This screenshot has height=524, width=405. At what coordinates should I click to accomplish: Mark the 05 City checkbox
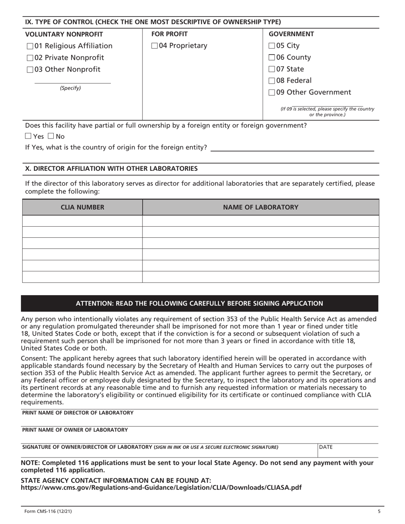click(x=272, y=46)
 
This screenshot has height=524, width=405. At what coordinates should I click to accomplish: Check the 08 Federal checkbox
click(x=272, y=81)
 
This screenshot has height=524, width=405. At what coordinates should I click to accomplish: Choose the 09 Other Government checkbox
click(x=272, y=92)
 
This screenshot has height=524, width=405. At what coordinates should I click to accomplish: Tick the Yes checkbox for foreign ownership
click(x=28, y=137)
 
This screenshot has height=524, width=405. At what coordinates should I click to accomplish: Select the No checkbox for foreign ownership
click(x=51, y=137)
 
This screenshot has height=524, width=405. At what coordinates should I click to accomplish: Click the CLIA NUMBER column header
click(x=82, y=207)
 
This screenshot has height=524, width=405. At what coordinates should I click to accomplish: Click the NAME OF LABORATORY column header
click(x=260, y=207)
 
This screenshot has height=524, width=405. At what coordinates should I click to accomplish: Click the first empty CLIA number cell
click(x=82, y=221)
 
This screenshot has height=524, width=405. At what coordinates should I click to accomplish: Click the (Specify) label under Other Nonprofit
click(x=70, y=88)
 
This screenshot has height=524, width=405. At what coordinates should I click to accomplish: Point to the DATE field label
click(x=326, y=447)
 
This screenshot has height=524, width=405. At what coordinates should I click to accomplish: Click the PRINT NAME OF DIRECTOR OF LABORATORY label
click(x=78, y=413)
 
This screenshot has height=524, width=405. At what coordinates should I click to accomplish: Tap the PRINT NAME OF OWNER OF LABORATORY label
click(x=75, y=430)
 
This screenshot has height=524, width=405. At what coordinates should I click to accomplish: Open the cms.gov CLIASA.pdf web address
click(x=161, y=488)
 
